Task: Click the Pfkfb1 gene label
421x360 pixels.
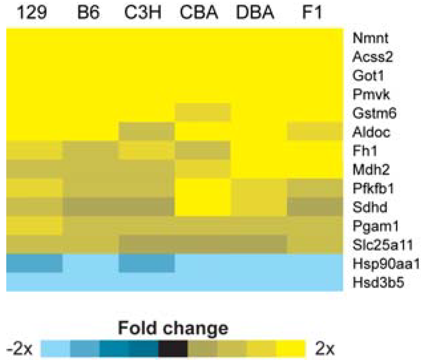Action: coord(373,189)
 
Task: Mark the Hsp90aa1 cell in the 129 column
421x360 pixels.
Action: coord(35,263)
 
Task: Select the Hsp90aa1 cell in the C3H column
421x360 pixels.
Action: coord(147,263)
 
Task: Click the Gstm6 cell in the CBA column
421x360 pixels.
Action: coord(203,113)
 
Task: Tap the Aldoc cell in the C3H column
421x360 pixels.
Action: coord(147,132)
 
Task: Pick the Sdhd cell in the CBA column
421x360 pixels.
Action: coord(203,207)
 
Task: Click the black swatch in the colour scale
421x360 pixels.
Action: coord(173,348)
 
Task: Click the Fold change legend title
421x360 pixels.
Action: coord(173,328)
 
